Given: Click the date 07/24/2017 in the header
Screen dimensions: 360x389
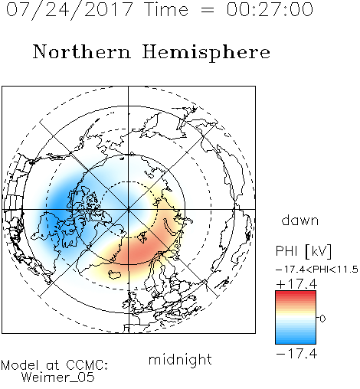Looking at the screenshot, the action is pos(70,10).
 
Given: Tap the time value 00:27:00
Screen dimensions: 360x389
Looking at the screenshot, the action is pos(270,9).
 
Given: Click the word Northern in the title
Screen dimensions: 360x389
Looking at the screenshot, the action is pos(82,51).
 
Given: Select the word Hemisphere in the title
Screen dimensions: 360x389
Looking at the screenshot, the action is pos(206,53).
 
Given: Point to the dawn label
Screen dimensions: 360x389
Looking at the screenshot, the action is pos(300,220).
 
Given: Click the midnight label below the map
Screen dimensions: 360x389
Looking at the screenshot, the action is pos(180,360).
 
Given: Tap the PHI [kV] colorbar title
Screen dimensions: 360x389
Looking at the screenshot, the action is pos(304,251).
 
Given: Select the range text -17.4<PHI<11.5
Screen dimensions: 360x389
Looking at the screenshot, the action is pos(317,270).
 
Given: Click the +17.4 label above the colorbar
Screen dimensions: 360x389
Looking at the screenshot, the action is pos(296,284).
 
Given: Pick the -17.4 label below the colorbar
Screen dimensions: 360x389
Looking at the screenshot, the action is pos(296,354).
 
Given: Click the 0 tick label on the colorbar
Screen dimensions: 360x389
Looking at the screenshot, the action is pos(322,319).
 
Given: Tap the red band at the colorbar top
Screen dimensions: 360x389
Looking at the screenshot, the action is pos(296,294).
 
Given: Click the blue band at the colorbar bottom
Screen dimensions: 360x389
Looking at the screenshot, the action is pos(296,341).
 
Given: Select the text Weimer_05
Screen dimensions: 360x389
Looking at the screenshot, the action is pos(57,378).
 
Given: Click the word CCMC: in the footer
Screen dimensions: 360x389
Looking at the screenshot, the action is pos(87,365).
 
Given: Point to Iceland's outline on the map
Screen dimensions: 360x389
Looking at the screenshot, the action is pos(115,275).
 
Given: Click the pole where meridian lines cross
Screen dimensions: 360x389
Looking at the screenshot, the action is pos(129,209).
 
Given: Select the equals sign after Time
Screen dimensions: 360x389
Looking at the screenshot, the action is pos(207,10).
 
